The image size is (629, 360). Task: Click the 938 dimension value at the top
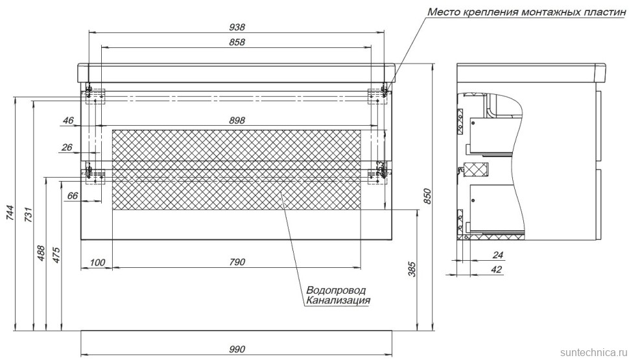[x=237, y=27]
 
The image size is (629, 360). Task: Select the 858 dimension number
[x=237, y=42]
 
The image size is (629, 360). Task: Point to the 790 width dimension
[x=237, y=262]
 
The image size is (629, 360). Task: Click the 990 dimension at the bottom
[x=237, y=350]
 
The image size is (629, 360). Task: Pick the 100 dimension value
[x=97, y=262]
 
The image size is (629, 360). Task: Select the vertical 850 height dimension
[x=427, y=197]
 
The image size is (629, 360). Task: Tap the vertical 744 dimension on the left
[x=10, y=213]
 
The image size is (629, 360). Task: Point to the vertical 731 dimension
[x=28, y=213]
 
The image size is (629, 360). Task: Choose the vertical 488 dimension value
[x=41, y=252]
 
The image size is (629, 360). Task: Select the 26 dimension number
[x=67, y=148]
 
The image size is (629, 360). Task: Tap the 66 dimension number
[x=72, y=195]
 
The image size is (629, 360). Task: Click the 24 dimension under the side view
[x=497, y=256]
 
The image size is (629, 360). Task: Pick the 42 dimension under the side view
[x=497, y=269]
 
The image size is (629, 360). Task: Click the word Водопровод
[x=335, y=290]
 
